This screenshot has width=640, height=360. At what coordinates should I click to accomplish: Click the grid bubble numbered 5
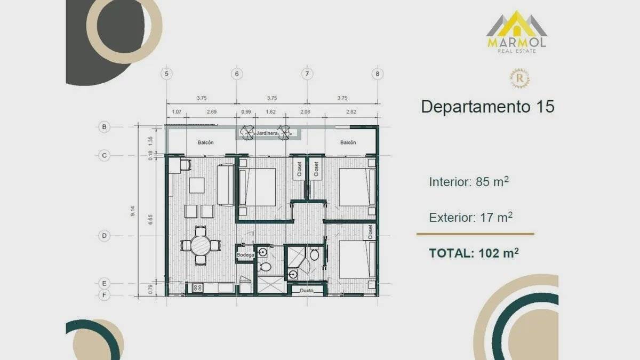point(166,74)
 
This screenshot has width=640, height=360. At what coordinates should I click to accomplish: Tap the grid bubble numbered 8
point(378,74)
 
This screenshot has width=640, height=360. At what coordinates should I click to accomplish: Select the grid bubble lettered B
point(105,127)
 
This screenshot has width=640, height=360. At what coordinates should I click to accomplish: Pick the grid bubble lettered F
point(105,295)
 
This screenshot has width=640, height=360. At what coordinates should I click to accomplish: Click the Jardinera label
point(267,133)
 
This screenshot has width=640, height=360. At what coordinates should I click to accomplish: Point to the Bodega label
point(245,255)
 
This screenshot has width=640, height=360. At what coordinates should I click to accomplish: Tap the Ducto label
point(307,291)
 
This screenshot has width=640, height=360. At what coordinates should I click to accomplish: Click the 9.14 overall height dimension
point(133,211)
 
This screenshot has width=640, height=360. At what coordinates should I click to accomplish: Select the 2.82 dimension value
point(351,111)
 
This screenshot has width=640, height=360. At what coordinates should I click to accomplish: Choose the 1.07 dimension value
point(177,111)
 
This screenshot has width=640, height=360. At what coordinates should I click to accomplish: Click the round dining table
point(201,245)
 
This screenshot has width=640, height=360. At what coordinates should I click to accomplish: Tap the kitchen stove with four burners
point(197,287)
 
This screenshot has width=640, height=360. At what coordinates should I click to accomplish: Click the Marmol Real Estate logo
point(517,31)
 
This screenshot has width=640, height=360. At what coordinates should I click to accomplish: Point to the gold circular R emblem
point(520,78)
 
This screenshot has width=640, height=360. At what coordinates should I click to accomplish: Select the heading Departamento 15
point(487,107)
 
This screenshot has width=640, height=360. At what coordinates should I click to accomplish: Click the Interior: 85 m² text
point(469,182)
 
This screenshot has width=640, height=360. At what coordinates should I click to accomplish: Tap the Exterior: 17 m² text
point(470,218)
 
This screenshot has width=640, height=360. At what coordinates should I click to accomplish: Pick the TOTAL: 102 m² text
point(474,253)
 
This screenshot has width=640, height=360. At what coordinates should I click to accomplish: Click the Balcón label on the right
point(348,142)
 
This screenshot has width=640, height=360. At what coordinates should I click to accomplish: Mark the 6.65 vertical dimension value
point(150,219)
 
